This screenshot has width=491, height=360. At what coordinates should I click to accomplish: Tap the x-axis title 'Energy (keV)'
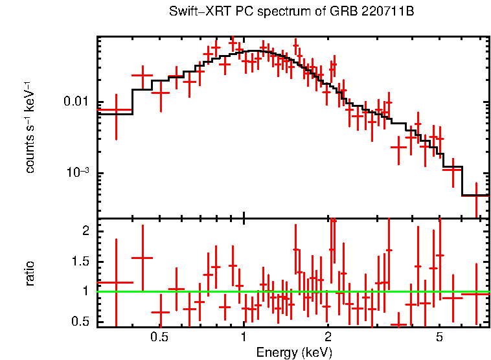(x=293, y=352)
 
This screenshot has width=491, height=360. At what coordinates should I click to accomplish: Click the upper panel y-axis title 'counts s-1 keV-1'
(x=30, y=127)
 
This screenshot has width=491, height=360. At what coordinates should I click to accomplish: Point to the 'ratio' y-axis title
(x=30, y=273)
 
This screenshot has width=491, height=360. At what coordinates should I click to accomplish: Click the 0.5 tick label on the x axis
(x=159, y=337)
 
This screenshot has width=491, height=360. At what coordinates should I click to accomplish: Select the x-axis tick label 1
(x=244, y=337)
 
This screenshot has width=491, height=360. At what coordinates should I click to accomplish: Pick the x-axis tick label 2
(x=328, y=337)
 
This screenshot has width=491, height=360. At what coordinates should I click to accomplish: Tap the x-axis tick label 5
(x=439, y=337)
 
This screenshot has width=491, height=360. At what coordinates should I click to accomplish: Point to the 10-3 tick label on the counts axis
(x=77, y=172)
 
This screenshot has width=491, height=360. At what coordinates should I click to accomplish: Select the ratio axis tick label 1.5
(x=80, y=261)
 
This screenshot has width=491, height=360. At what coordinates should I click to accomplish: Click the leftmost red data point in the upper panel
(x=116, y=111)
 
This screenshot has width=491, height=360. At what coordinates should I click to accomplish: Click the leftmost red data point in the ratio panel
(x=116, y=282)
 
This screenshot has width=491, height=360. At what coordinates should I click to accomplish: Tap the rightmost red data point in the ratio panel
(x=476, y=293)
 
